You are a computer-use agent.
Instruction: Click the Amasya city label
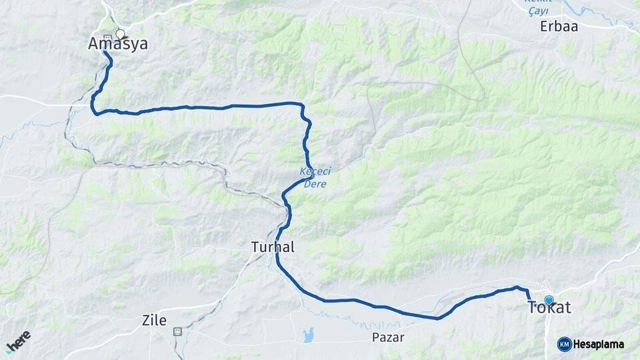pyautogui.click(x=118, y=45)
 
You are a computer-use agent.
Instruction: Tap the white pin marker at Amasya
pyautogui.click(x=120, y=33)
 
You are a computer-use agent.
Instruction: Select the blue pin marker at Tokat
pyautogui.click(x=549, y=301)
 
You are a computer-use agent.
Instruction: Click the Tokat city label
pyautogui.click(x=549, y=309)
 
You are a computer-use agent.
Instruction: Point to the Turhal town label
pyautogui.click(x=273, y=247)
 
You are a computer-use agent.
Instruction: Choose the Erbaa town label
pyautogui.click(x=559, y=27)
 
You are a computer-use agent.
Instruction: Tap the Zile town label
pyautogui.click(x=154, y=320)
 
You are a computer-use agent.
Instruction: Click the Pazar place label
pyautogui.click(x=388, y=337)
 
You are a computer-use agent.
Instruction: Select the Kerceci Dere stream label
pyautogui.click(x=314, y=177)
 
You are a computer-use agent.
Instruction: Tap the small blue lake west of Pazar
pyautogui.click(x=308, y=335)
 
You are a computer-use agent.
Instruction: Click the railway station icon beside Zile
pyautogui.click(x=177, y=331)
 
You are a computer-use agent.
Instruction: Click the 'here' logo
pyautogui.click(x=18, y=341)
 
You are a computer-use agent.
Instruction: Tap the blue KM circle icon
pyautogui.click(x=564, y=344)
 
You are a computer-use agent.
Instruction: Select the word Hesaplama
pyautogui.click(x=599, y=344)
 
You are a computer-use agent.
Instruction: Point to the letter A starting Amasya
pyautogui.click(x=95, y=45)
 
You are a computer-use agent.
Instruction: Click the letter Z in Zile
pyautogui.click(x=146, y=320)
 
